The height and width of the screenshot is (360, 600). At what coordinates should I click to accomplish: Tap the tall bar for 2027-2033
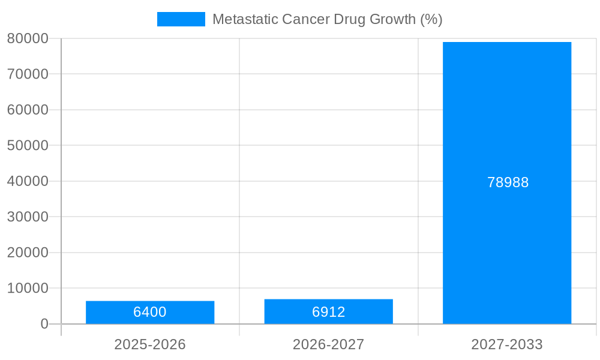pos(507,120)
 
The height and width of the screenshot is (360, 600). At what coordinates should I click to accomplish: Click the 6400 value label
pos(150,312)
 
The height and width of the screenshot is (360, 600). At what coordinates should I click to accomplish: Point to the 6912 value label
pos(328,312)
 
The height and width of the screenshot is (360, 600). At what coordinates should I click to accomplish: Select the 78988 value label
pos(508,182)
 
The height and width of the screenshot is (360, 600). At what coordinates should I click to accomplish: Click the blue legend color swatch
pos(181,19)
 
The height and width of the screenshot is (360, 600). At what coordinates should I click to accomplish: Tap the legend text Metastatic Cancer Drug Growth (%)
pos(327,19)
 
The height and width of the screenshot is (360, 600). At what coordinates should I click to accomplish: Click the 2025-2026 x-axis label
pos(150,344)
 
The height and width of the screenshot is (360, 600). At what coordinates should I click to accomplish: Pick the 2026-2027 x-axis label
pos(328,344)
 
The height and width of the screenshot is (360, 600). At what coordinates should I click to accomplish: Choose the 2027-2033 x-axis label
pos(507,344)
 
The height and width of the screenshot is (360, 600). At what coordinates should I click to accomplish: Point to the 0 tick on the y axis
pos(44,324)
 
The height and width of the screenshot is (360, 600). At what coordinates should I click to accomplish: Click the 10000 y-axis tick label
pos(28,288)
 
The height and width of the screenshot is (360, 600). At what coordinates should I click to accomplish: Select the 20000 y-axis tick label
pos(28,253)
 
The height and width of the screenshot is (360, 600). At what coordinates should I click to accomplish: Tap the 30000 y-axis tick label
pos(28,217)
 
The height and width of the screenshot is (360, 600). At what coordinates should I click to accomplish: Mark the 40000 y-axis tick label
pos(28,181)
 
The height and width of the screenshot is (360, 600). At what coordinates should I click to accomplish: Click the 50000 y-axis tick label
pos(28,145)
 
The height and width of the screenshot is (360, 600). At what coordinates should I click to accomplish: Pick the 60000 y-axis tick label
pos(28,110)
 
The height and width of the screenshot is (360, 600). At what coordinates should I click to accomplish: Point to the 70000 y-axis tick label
pos(28,74)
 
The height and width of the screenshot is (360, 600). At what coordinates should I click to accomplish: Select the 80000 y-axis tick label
pos(28,38)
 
